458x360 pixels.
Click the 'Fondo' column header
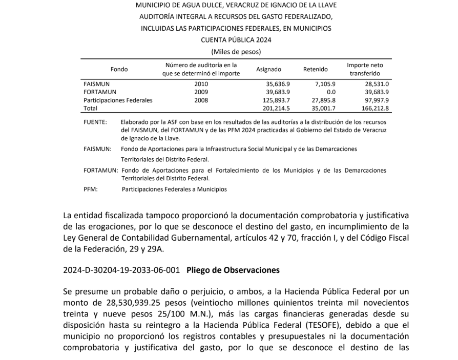[x=119, y=69]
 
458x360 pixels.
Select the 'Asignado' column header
[x=268, y=69]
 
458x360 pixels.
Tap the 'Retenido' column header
[x=315, y=69]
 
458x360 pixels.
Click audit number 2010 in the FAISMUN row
[x=201, y=84]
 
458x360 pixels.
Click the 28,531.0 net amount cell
[x=377, y=84]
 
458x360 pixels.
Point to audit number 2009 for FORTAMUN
[x=201, y=92]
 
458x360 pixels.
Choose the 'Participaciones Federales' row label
[x=118, y=100]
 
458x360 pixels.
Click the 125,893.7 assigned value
[x=276, y=100]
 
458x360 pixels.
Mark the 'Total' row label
[x=90, y=109]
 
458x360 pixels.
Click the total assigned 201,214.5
[x=276, y=109]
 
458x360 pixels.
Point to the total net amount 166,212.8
[x=375, y=109]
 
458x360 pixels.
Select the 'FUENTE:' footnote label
[x=95, y=122]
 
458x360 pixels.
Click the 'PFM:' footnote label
[x=91, y=189]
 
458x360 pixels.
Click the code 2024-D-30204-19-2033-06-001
[x=121, y=269]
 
